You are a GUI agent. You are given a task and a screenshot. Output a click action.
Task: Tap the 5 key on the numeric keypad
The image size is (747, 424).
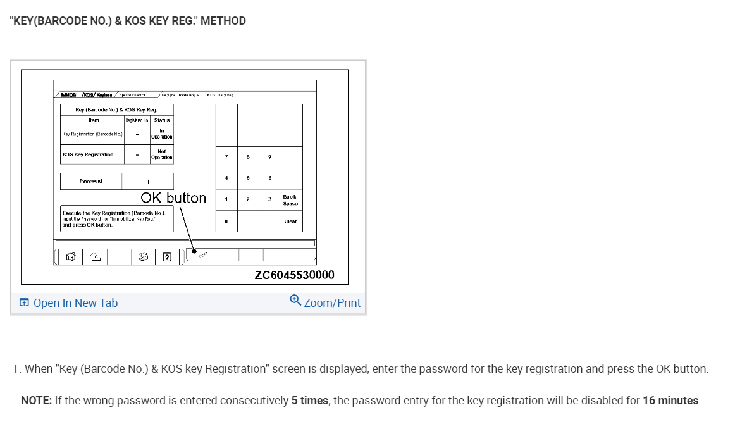coord(248,178)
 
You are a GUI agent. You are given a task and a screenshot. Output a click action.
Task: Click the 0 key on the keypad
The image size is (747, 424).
coord(226,221)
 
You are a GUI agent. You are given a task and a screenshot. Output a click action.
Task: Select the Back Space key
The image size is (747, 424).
coord(291,199)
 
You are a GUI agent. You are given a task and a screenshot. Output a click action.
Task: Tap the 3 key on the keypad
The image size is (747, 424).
coord(269,199)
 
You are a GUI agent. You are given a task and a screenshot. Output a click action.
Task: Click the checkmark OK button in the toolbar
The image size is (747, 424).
coord(202,255)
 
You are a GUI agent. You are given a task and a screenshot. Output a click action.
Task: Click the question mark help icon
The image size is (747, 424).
coord(167,256)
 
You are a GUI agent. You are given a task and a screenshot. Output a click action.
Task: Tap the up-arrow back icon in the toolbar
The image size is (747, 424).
coord(95,256)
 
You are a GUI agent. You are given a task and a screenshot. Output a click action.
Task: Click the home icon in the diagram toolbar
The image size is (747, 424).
coord(71,256)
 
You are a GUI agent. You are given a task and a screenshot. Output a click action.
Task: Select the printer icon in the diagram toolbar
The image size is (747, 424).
coord(144,256)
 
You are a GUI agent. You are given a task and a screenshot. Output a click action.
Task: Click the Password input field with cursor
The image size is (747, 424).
coord(148,182)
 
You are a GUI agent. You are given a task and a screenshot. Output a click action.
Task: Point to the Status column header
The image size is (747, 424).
coord(162,120)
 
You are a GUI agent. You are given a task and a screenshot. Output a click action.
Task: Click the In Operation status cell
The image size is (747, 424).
coord(162,134)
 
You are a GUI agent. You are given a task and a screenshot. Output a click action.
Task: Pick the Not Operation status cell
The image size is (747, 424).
coord(162,154)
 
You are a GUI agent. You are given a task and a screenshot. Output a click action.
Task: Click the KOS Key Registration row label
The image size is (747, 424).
coord(89,154)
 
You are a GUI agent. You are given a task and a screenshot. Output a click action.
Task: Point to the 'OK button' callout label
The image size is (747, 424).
coord(173,198)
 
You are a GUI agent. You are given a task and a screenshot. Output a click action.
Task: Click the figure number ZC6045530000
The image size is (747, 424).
coord(294,275)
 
